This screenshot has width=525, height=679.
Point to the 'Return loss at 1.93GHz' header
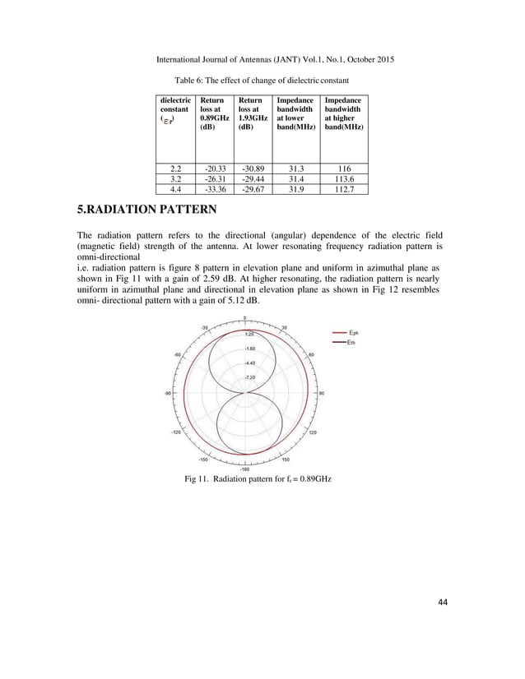pyautogui.click(x=253, y=114)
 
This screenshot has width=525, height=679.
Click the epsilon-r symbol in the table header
pyautogui.click(x=168, y=119)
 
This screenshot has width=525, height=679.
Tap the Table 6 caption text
pyautogui.click(x=262, y=81)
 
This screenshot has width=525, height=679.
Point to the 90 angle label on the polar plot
pyautogui.click(x=323, y=394)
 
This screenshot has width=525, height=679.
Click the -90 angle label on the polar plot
pyautogui.click(x=167, y=394)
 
